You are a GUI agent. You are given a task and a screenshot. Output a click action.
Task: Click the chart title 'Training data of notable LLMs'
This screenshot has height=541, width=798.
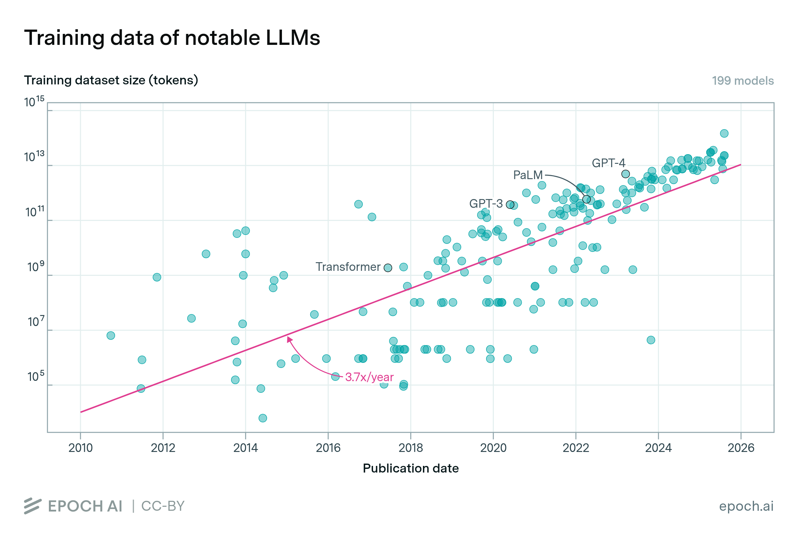[172, 38]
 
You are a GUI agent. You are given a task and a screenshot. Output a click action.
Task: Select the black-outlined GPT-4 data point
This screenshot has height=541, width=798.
[625, 174]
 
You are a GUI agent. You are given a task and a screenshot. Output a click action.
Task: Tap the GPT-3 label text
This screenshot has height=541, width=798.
[485, 204]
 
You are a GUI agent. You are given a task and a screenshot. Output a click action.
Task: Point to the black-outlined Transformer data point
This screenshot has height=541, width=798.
[388, 268]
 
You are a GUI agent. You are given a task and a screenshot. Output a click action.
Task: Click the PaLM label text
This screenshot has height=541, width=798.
[527, 175]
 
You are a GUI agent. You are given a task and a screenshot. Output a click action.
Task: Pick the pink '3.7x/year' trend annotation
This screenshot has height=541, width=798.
[369, 377]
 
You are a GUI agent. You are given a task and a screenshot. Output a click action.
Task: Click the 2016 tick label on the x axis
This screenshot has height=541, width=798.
[328, 448]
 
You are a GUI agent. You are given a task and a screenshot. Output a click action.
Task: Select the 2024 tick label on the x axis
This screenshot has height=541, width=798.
[658, 448]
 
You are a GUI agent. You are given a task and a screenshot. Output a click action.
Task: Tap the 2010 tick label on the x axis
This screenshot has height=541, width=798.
[80, 448]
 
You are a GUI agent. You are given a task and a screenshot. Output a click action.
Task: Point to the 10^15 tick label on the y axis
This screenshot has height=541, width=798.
[34, 102]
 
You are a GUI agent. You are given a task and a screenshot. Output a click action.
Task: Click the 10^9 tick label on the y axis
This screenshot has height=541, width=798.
[35, 267]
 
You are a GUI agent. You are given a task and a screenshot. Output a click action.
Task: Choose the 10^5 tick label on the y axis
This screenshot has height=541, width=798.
[35, 377]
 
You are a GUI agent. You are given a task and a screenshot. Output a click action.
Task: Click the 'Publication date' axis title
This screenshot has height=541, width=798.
[411, 468]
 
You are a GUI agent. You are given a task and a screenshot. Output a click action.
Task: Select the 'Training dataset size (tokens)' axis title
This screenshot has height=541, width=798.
[111, 80]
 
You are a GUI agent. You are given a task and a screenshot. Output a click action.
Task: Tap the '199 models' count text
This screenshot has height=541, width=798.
[742, 81]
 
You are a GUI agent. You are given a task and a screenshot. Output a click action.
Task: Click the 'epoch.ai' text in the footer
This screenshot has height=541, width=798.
[746, 506]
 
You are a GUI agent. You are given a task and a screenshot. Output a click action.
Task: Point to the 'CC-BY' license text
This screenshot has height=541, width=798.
[163, 506]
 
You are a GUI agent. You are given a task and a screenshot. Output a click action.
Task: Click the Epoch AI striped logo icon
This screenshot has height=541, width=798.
[33, 506]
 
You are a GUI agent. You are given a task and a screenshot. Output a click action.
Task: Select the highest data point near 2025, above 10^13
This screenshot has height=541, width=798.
[724, 133]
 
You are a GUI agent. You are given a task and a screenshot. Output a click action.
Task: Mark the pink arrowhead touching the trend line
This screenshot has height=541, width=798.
[289, 339]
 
